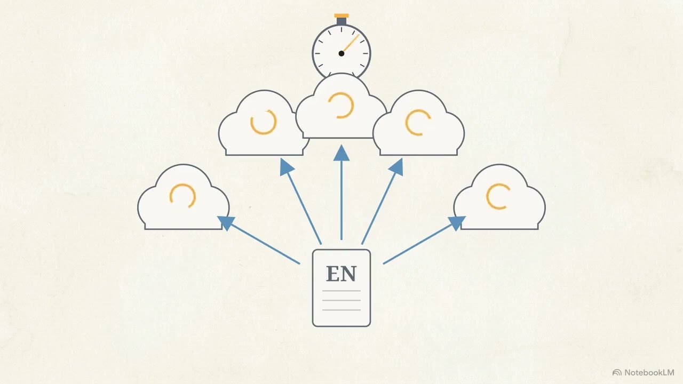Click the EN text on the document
click(341, 274)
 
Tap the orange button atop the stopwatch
click(341, 15)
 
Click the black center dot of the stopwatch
click(341, 54)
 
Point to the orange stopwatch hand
click(351, 43)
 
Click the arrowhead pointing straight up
click(341, 153)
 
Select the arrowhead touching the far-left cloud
click(226, 222)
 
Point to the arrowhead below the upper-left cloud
click(286, 167)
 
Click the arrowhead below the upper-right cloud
click(396, 167)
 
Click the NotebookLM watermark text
click(649, 372)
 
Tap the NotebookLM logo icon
click(617, 373)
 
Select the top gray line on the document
click(341, 291)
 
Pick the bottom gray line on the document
click(341, 310)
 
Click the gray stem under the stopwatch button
click(341, 21)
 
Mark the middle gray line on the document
click(341, 300)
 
